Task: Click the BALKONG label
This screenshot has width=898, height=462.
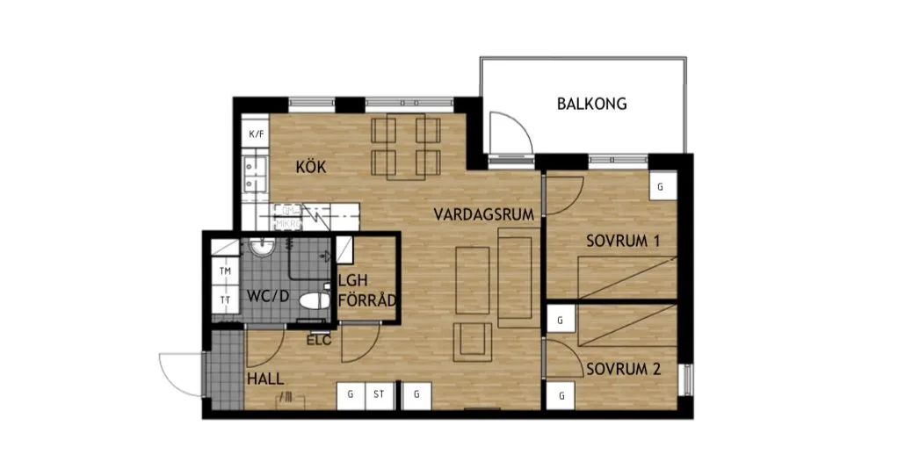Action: pos(591,104)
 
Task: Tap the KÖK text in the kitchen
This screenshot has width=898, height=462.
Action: pos(311,167)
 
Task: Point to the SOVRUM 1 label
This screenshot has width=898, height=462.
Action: pos(623,241)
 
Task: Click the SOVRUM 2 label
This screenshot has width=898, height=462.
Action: pos(623,369)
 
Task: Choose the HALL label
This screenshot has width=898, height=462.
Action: pos(264,380)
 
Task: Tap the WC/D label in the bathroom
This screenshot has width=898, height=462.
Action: pos(267,295)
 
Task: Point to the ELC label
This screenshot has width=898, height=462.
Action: pos(318,341)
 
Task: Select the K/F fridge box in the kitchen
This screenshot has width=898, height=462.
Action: pos(257,134)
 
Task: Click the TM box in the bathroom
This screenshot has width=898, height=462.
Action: pos(225,271)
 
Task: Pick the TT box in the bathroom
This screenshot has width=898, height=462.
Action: pos(225,300)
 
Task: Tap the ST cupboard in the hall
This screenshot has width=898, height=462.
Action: pos(379,395)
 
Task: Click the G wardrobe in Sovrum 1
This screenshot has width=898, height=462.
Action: pos(662,187)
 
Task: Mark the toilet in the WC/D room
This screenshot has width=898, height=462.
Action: pos(313,301)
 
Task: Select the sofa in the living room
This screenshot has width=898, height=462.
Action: pos(517,277)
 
